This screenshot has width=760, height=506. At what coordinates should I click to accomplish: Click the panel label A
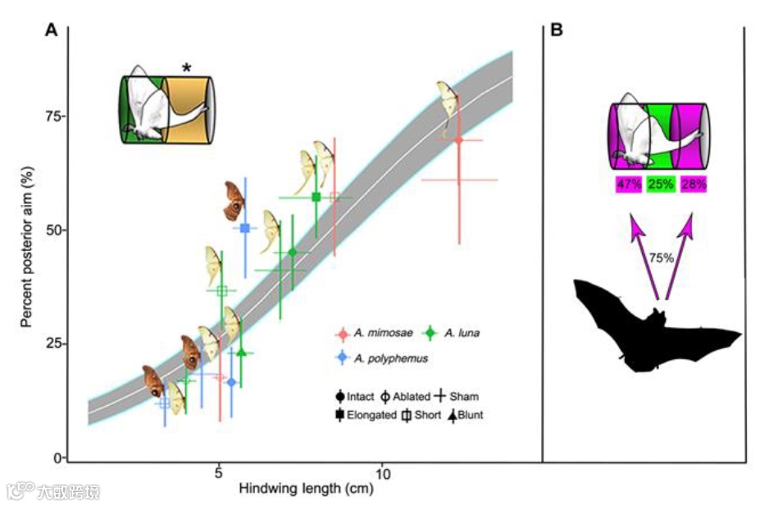tap(51, 31)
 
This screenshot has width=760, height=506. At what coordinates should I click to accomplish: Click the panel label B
tap(556, 31)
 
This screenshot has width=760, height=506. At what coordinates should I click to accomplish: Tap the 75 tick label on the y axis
tap(52, 116)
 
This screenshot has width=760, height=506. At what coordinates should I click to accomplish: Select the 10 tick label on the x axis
tap(382, 473)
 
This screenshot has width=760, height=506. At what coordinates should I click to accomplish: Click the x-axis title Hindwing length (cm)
tap(306, 489)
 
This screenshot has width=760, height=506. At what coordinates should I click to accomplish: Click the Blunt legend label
tap(471, 415)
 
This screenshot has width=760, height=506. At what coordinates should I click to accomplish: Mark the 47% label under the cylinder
tap(630, 185)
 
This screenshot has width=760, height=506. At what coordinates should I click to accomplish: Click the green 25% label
tap(661, 185)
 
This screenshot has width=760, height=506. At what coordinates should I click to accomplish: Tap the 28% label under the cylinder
tap(693, 185)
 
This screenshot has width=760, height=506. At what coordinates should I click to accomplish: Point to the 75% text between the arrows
tap(661, 257)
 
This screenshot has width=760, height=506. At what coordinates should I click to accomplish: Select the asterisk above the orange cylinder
tap(187, 69)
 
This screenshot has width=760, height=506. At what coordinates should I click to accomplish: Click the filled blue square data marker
tap(245, 228)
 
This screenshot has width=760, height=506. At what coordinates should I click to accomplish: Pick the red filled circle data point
tap(458, 140)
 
